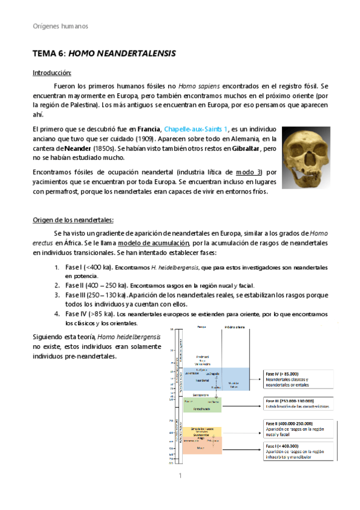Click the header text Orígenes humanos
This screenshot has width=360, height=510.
point(59,26)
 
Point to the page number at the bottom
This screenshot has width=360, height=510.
point(180,475)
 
